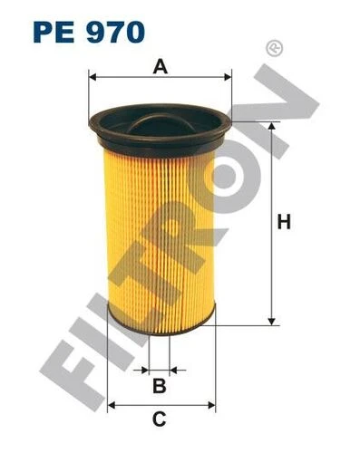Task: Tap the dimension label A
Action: coord(161,65)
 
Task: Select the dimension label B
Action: coord(159,387)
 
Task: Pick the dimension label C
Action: coord(159,419)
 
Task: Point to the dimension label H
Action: coord(284,221)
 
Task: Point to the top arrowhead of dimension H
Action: coord(270,124)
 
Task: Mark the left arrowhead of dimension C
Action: coord(112,403)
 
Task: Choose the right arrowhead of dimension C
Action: coord(210,403)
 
